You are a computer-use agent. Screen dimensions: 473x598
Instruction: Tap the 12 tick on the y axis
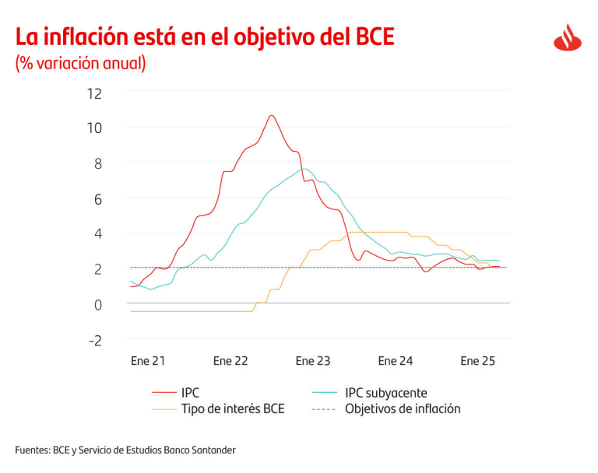95,93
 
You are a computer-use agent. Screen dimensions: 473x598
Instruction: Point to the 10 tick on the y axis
95,128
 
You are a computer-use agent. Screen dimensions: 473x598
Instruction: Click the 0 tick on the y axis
98,304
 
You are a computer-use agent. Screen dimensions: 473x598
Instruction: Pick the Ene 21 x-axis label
147,361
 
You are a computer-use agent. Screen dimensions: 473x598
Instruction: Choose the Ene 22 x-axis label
230,361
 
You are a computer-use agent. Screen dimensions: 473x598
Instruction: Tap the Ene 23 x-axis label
313,361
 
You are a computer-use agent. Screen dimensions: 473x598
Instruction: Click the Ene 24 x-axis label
396,361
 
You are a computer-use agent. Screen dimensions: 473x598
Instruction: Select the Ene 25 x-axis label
478,361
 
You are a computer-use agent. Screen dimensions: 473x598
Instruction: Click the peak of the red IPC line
272,115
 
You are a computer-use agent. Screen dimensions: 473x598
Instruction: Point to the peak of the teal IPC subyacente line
304,169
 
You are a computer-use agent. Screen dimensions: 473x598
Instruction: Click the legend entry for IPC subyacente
386,393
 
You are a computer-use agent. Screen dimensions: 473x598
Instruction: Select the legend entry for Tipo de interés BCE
233,408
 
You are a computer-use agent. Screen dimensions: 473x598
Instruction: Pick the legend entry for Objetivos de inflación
403,408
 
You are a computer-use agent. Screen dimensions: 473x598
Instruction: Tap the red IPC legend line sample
164,393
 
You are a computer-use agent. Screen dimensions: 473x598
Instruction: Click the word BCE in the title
371,37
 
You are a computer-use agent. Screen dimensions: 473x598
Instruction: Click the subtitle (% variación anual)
80,63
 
